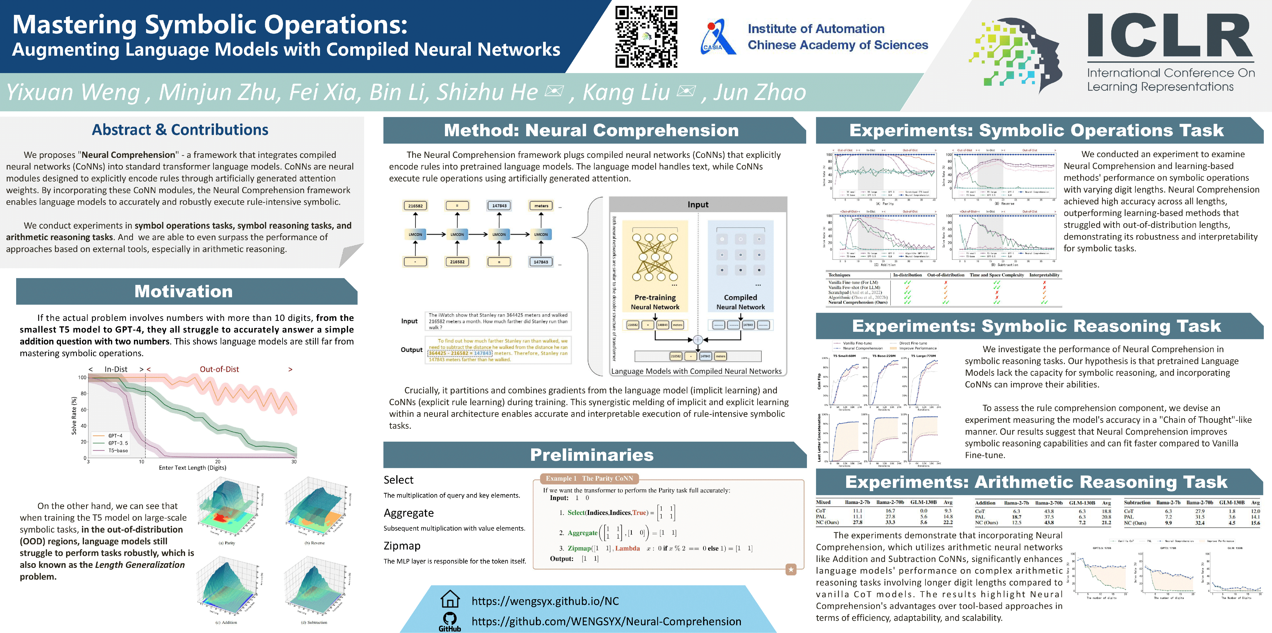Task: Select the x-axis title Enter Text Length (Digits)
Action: (x=193, y=467)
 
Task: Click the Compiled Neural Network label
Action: (x=740, y=302)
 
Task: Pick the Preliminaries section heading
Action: (x=592, y=455)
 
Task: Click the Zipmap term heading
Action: (x=402, y=546)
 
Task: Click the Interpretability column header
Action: (x=1044, y=275)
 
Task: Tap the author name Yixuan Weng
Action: (x=73, y=92)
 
